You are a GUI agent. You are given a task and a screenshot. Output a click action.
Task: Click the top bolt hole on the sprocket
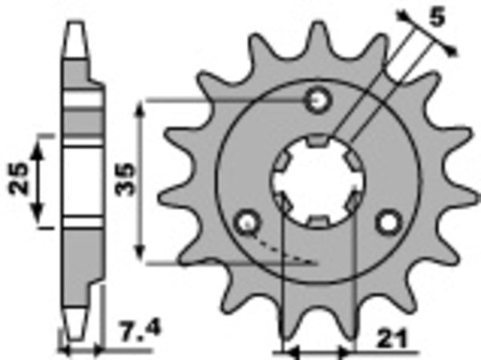click(x=320, y=101)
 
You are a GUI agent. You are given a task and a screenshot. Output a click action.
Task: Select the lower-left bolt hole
click(x=246, y=221)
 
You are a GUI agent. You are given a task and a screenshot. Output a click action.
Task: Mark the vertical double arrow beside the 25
click(x=37, y=180)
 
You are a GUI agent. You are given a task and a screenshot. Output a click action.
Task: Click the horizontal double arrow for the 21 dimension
click(x=317, y=351)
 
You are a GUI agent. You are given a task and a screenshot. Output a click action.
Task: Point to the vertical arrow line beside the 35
click(x=142, y=180)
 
